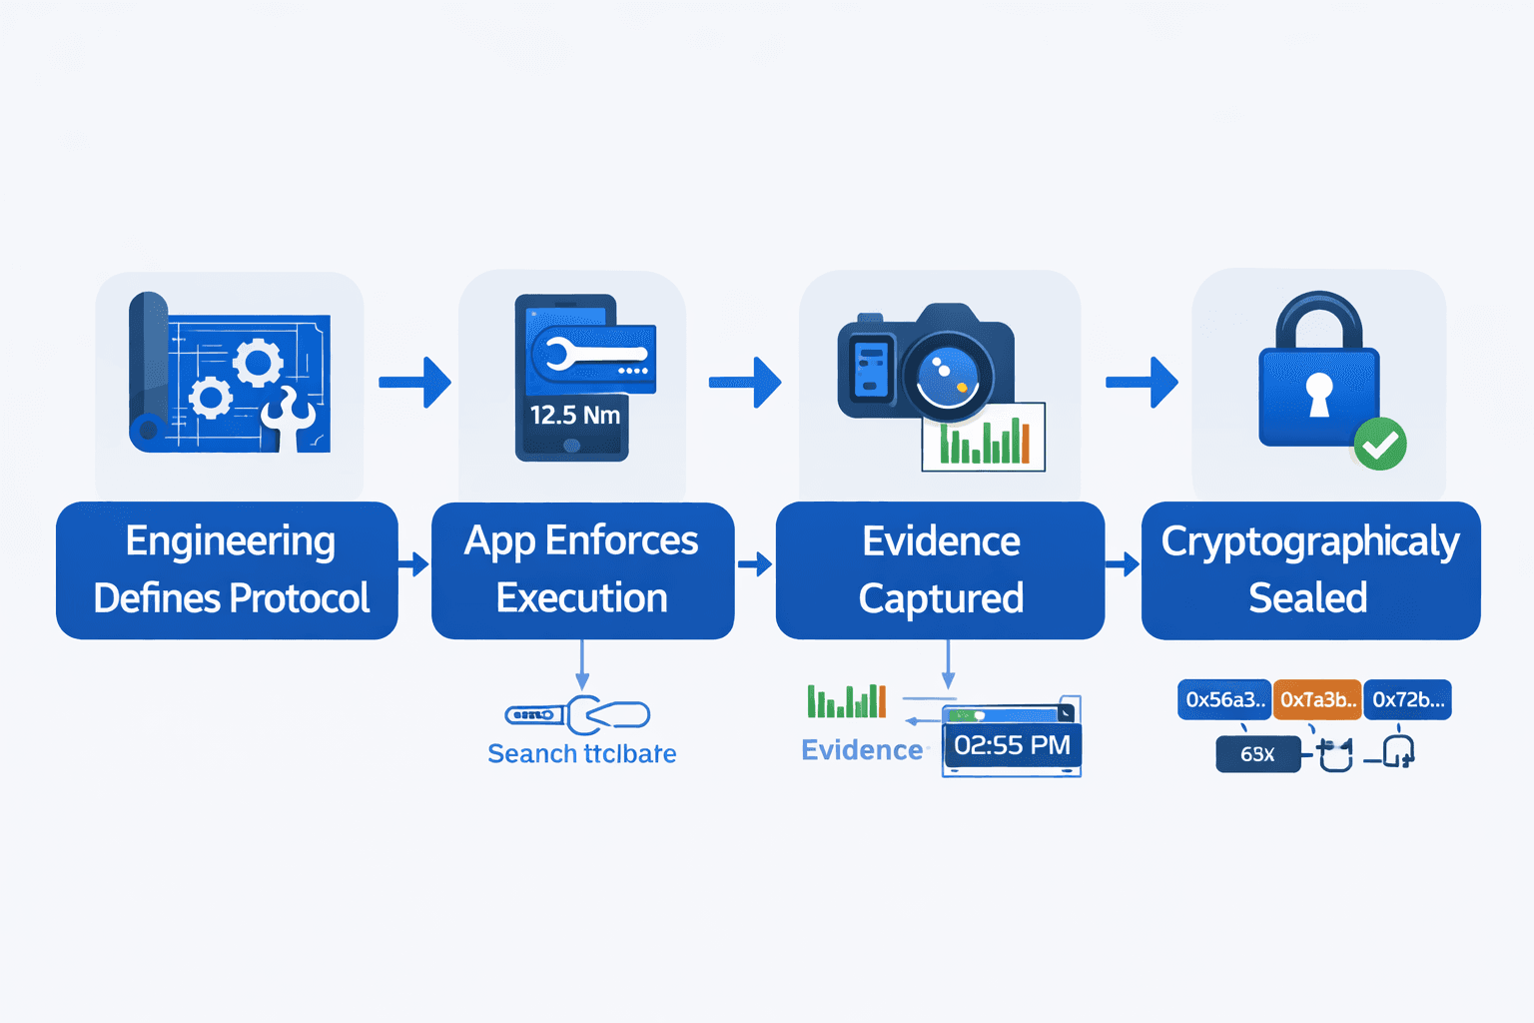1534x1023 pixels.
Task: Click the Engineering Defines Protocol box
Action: pyautogui.click(x=228, y=570)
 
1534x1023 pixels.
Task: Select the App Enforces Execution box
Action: pyautogui.click(x=582, y=570)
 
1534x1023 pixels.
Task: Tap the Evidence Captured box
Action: pyautogui.click(x=940, y=570)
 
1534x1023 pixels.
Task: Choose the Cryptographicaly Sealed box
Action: pyautogui.click(x=1310, y=570)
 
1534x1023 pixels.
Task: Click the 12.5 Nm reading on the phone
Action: pyautogui.click(x=574, y=415)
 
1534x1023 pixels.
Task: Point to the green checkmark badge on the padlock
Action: pyautogui.click(x=1380, y=445)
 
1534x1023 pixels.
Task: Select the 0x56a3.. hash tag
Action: pyautogui.click(x=1224, y=700)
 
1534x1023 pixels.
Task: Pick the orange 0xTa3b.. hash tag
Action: pyautogui.click(x=1317, y=700)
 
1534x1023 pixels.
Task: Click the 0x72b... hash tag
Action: pyautogui.click(x=1407, y=700)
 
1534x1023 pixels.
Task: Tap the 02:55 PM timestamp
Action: pyautogui.click(x=1012, y=745)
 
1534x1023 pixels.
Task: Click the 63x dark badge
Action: pyautogui.click(x=1257, y=754)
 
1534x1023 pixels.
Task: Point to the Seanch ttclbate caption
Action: pyautogui.click(x=581, y=753)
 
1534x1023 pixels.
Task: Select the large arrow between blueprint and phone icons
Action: pyautogui.click(x=415, y=382)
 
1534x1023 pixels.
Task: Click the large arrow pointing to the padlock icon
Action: pyautogui.click(x=1143, y=382)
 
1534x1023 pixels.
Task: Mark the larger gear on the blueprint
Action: pyautogui.click(x=259, y=362)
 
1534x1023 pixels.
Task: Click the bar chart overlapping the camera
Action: pyautogui.click(x=984, y=437)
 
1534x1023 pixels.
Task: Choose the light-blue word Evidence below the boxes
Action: pyautogui.click(x=862, y=750)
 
